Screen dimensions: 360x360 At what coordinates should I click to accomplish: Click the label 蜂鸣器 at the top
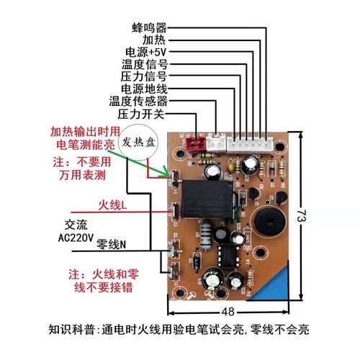click(x=149, y=27)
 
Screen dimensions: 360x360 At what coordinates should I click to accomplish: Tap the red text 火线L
click(x=113, y=207)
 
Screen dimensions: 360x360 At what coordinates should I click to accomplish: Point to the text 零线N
click(x=112, y=246)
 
